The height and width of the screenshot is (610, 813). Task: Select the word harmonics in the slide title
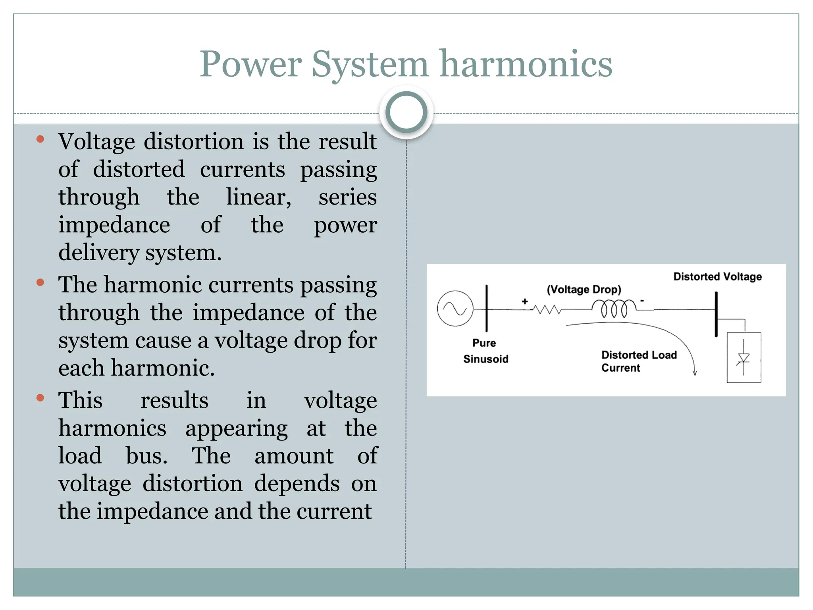point(526,64)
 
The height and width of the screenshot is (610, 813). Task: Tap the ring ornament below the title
point(406,112)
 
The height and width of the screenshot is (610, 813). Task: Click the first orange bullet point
point(40,139)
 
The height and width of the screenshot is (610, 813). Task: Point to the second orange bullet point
point(40,282)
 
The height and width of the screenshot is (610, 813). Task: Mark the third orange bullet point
point(40,398)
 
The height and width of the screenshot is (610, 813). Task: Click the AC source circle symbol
point(455,309)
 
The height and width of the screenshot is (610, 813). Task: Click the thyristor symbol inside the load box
point(744,359)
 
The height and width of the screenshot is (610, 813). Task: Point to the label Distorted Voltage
point(717,276)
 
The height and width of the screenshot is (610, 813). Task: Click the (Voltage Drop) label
point(584,289)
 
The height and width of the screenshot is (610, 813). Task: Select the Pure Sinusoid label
point(485,351)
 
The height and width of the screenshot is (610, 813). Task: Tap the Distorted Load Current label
point(638,361)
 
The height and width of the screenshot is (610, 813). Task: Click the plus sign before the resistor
point(525,301)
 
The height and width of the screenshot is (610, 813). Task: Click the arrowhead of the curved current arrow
point(695,373)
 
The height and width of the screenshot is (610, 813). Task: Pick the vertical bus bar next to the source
point(487,308)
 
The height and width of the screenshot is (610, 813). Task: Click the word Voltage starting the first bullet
point(96,141)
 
